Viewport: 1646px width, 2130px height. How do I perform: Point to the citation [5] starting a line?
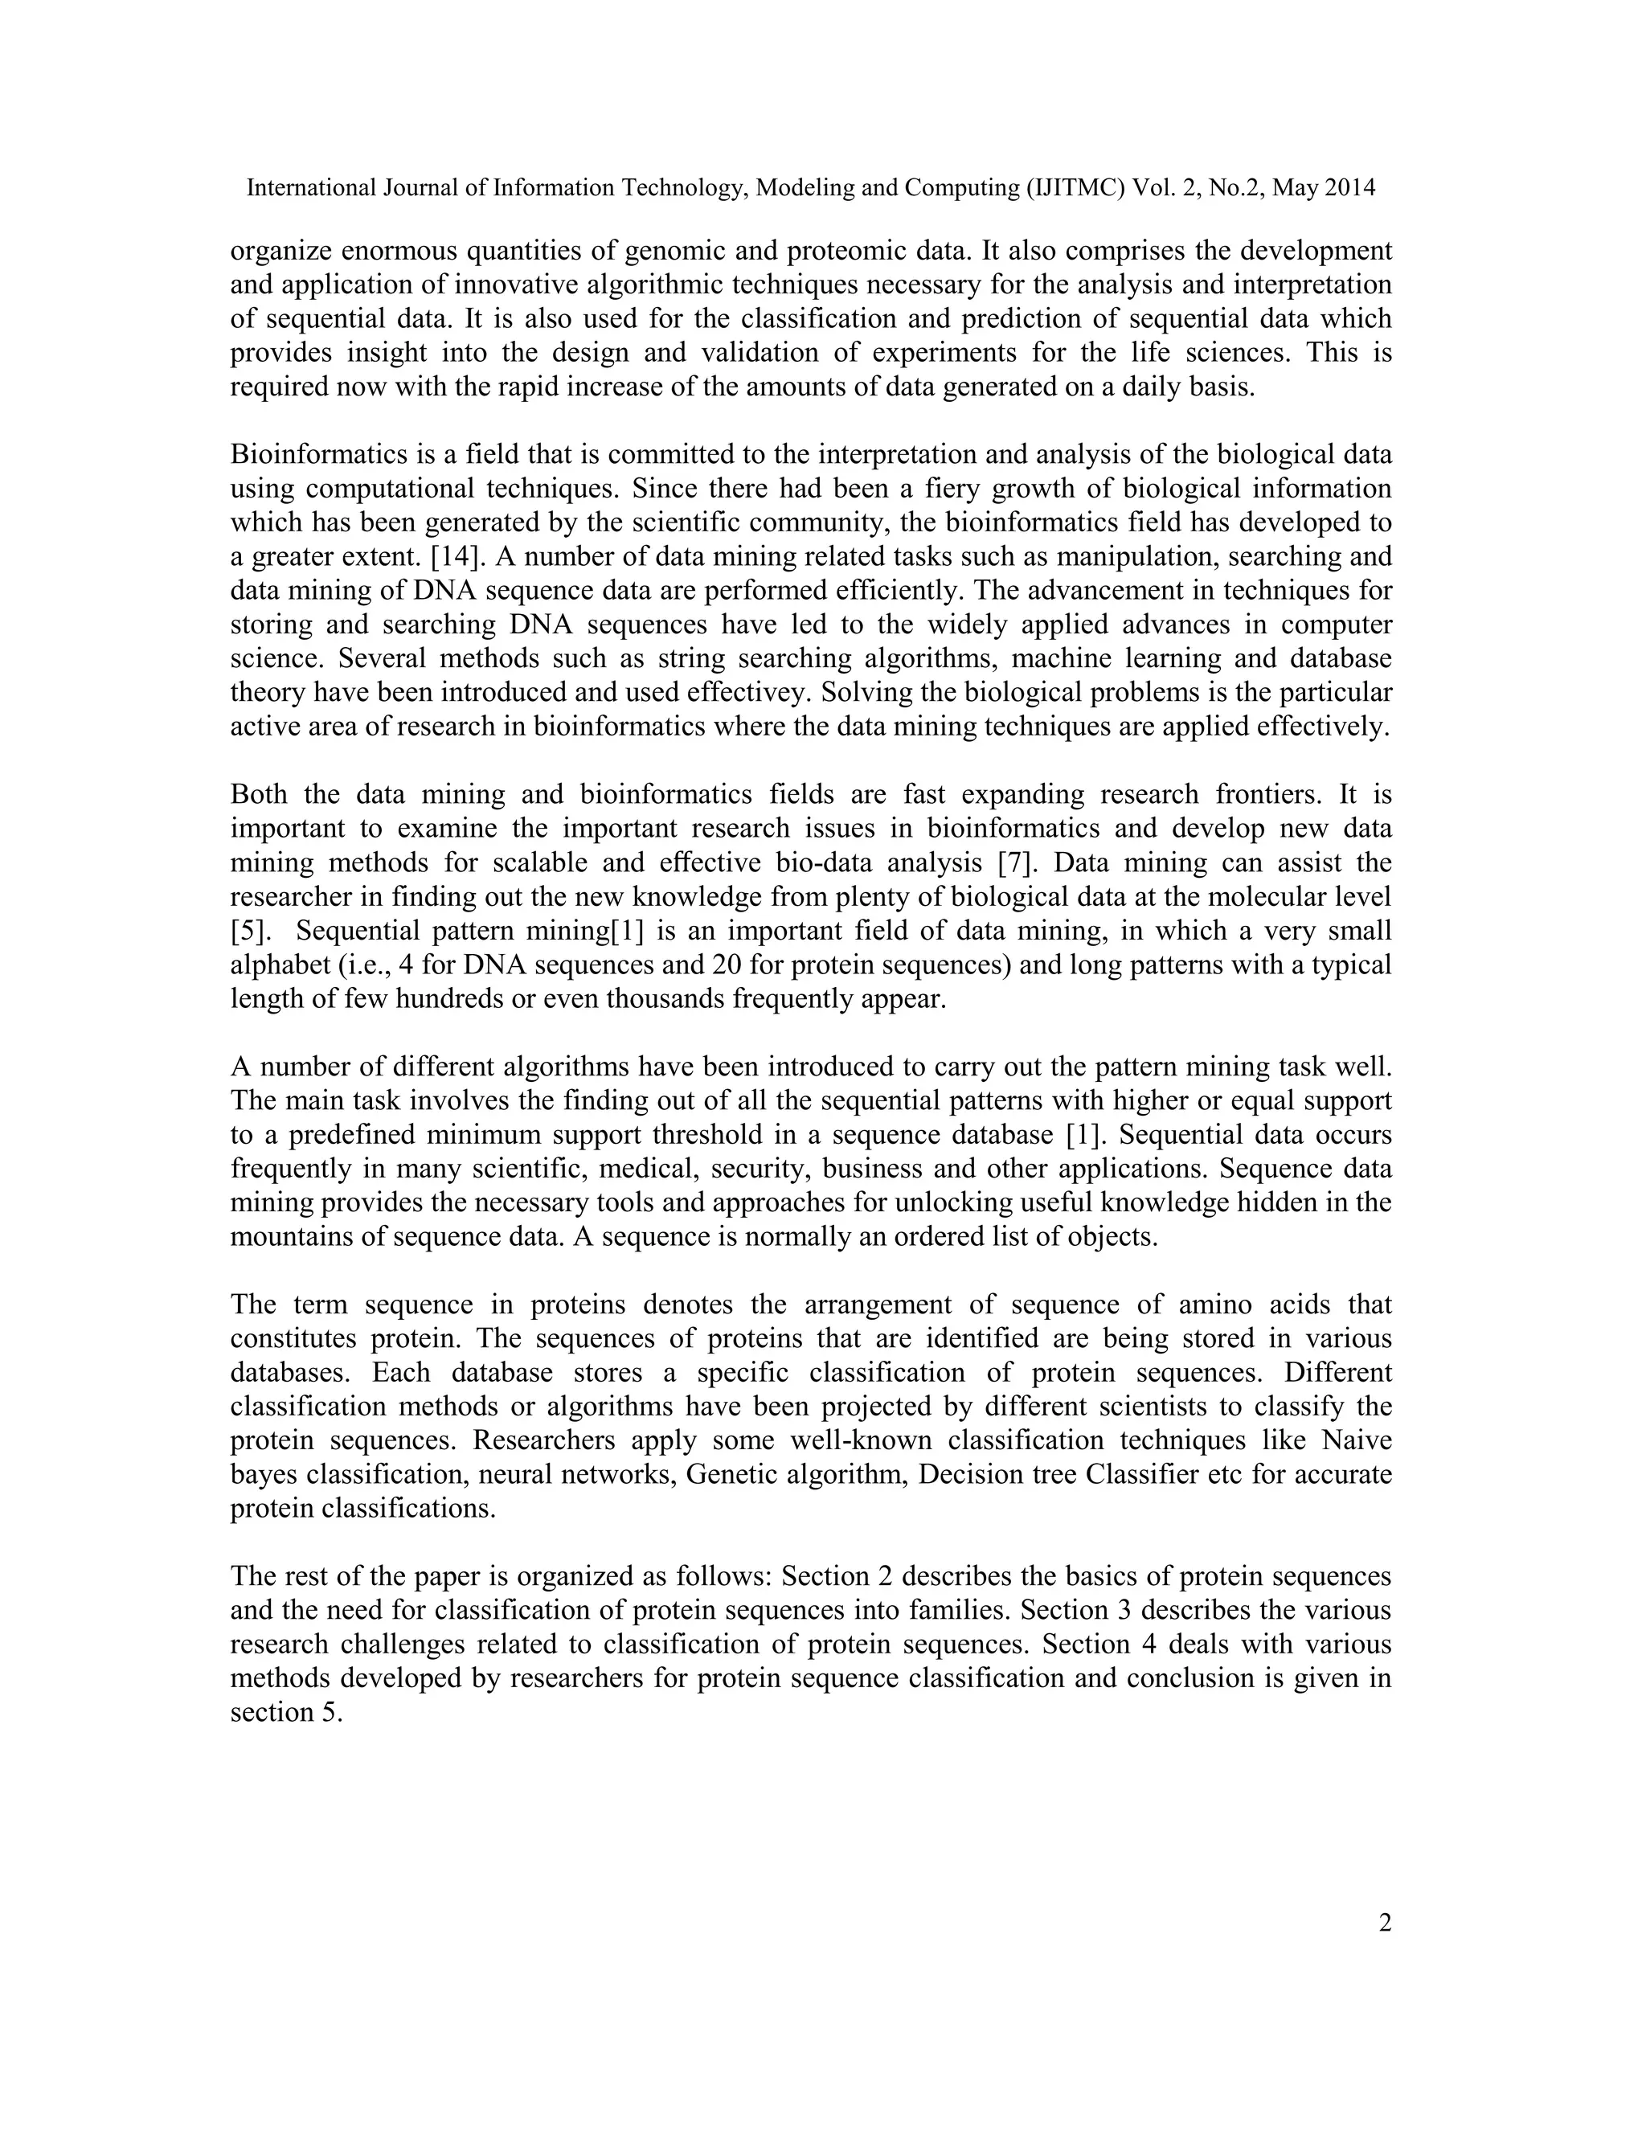(x=248, y=932)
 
